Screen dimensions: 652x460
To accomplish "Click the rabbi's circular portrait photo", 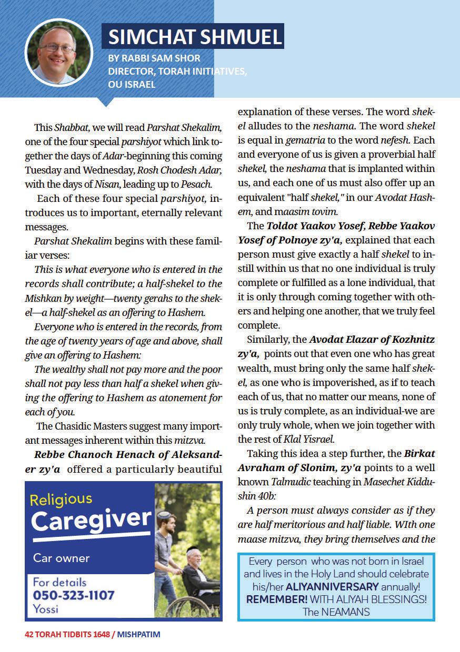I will [51, 52].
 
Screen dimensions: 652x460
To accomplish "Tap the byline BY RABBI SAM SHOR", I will [154, 58].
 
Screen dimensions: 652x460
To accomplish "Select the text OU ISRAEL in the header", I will [132, 84].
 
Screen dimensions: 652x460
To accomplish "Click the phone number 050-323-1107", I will [74, 596].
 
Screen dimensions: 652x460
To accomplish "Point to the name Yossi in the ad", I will [45, 609].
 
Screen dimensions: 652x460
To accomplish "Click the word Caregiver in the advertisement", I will [91, 520].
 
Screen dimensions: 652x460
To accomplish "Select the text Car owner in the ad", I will [62, 558].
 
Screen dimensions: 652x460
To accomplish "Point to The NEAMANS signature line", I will [336, 612].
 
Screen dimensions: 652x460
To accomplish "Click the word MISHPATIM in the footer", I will [138, 635].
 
